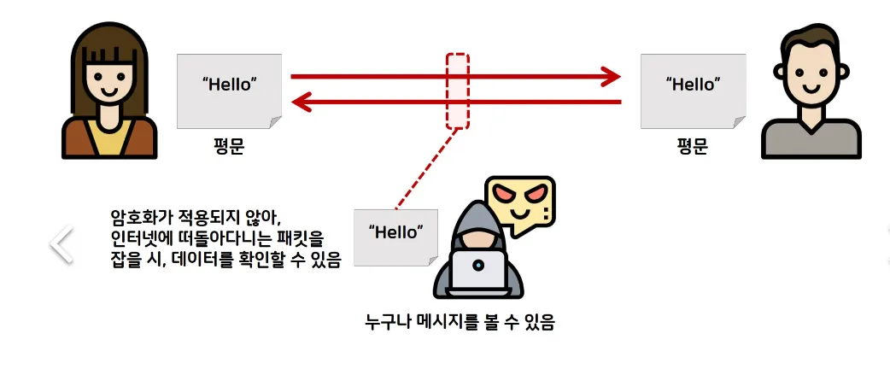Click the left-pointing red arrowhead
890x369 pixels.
tap(302, 103)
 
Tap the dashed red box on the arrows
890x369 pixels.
tap(458, 91)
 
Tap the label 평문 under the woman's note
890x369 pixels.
tap(229, 146)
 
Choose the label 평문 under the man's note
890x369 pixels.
tap(692, 146)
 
